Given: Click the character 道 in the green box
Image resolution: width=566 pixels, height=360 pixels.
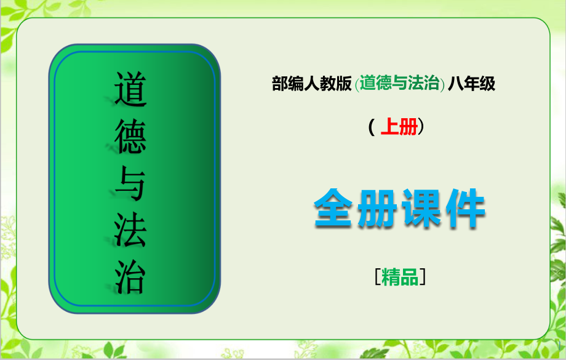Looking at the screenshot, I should point(130,88).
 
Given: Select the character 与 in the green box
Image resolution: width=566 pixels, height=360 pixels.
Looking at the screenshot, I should point(130,183).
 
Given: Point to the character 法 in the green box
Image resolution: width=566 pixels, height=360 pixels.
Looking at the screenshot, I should point(130,230).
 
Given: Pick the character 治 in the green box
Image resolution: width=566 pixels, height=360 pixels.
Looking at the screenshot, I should point(130,276).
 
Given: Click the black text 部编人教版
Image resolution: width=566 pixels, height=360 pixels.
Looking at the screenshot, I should point(312,84).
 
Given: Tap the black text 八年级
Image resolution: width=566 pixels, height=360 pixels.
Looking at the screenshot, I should point(472,84).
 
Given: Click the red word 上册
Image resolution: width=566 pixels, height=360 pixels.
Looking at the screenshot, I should point(399,127).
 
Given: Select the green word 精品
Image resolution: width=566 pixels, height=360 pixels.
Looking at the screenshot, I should point(400,278).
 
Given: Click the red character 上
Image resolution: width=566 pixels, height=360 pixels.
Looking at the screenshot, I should point(390,127).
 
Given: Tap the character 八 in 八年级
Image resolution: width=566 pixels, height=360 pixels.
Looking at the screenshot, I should point(456,84).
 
